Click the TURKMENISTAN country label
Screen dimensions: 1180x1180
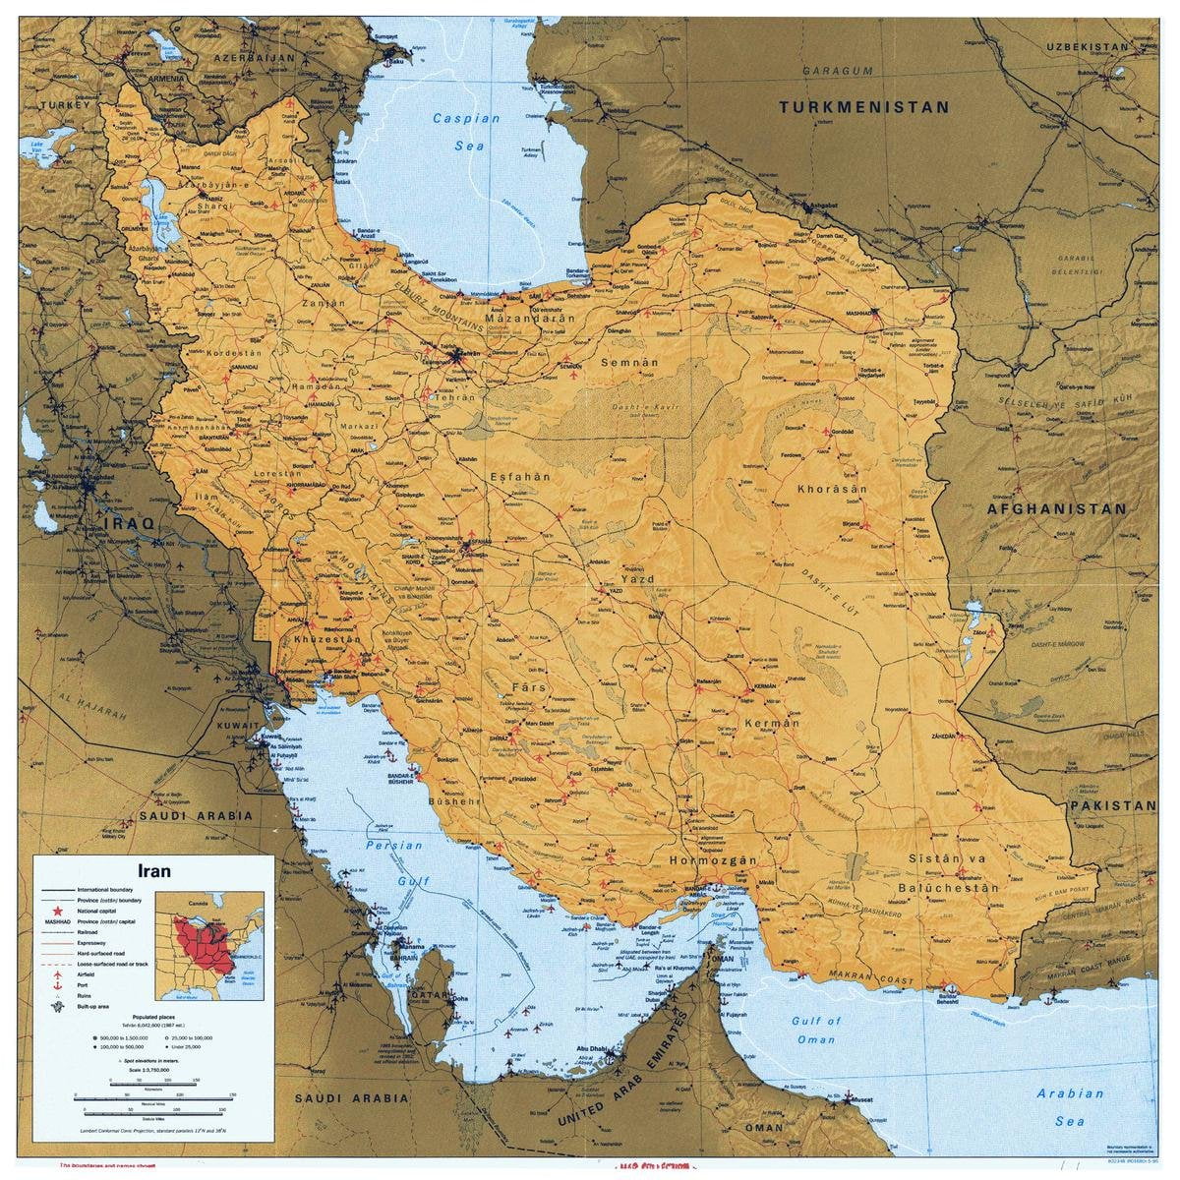pos(864,107)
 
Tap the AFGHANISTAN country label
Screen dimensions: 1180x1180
pos(1057,509)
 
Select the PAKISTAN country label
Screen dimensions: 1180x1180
pos(1112,805)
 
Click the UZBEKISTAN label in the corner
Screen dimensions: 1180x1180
pos(1087,46)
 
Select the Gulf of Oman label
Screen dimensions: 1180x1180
pos(815,1030)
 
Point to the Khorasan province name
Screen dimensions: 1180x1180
pos(832,489)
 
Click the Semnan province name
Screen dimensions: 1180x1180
pos(629,363)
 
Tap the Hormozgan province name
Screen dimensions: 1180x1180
pos(713,860)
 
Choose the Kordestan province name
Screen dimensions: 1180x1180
pos(228,351)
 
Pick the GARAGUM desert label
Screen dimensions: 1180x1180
pos(837,71)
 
